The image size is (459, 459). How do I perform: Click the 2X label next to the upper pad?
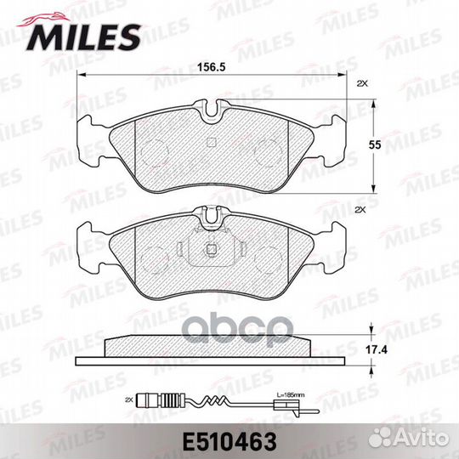(360, 82)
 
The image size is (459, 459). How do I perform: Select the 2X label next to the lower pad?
(360, 208)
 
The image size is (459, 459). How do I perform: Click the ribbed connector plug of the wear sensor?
(154, 398)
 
